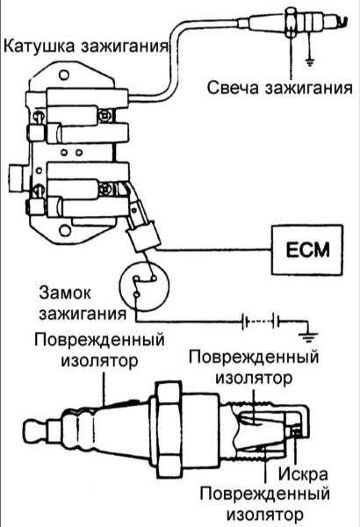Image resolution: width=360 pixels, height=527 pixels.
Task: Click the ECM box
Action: (307, 250)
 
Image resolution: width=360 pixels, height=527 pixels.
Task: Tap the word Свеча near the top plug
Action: (233, 87)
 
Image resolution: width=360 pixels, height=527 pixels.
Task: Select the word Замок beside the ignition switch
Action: (65, 292)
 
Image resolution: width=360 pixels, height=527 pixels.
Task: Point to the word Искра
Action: (303, 474)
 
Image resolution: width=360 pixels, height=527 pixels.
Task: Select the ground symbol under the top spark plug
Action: (309, 62)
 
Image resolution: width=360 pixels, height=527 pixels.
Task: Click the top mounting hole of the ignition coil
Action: (64, 75)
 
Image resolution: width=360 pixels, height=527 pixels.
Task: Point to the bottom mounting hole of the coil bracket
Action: (65, 230)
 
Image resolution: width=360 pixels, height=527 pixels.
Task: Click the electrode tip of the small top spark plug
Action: (342, 22)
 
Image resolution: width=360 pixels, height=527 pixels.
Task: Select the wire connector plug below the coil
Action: (145, 236)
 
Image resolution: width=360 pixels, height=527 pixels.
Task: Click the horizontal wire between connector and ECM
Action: (214, 249)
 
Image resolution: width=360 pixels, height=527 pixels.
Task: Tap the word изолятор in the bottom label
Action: (265, 515)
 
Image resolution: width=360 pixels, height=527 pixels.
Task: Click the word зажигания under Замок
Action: (83, 314)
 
